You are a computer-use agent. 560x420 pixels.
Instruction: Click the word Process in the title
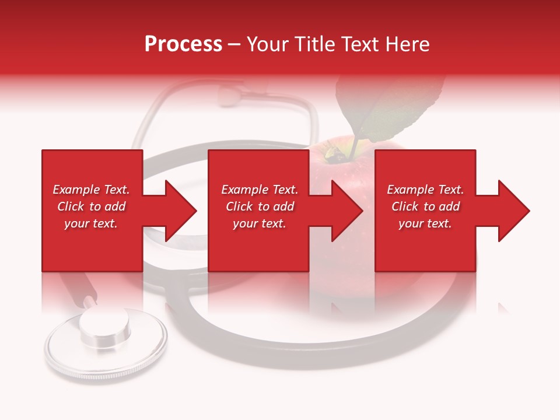(x=183, y=44)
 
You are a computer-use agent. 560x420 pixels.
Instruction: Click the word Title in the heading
(x=314, y=44)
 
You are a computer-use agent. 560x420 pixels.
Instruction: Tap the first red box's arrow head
(x=178, y=211)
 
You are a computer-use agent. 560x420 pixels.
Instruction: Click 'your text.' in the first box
(x=91, y=223)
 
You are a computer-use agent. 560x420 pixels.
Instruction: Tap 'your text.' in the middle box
(x=260, y=223)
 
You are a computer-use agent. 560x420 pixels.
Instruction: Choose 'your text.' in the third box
(x=425, y=223)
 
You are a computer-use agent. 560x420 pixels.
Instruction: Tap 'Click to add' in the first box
(x=91, y=206)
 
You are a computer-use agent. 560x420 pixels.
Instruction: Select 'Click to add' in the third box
(x=425, y=206)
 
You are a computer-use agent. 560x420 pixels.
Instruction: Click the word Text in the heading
(x=357, y=44)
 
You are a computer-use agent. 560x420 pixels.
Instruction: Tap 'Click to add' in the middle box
(x=260, y=206)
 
